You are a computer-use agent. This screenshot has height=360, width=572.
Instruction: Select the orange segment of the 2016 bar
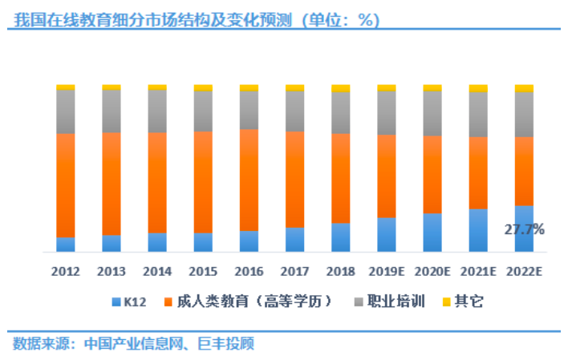pos(249,180)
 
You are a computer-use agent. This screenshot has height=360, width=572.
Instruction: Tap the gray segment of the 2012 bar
pos(66,111)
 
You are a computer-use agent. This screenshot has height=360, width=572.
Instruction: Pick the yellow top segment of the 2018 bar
pos(341,88)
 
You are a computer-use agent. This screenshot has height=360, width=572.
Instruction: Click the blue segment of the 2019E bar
pos(387,235)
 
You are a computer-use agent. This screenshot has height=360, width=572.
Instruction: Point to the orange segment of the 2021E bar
pos(478,172)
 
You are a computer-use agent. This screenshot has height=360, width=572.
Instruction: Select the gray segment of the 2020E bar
pos(432,113)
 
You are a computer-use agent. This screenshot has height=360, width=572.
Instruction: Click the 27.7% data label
pos(525,230)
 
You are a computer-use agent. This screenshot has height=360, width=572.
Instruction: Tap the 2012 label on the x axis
pos(66,271)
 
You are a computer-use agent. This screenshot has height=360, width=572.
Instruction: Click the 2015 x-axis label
pos(203,271)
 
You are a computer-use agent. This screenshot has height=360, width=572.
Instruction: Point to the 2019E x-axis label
pos(387,271)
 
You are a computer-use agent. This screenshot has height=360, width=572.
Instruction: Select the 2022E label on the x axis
pos(525,271)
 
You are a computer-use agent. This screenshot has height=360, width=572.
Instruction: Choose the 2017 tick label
pos(295,271)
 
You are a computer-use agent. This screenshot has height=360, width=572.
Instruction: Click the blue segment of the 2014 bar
pos(157,242)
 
